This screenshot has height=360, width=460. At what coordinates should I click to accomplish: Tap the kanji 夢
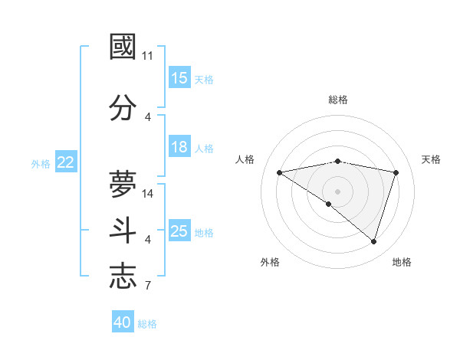coord(123,184)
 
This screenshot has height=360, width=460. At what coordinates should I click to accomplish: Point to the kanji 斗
coord(123,231)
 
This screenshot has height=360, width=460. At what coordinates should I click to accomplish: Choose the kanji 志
coord(123,276)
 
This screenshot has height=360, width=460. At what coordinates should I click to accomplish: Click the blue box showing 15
coord(179,78)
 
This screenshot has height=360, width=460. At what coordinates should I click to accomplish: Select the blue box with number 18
coord(179,148)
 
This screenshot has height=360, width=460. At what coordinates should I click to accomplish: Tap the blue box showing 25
coord(179,232)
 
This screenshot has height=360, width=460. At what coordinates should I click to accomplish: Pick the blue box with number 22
coord(66,162)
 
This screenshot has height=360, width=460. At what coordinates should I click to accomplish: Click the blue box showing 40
coord(123,322)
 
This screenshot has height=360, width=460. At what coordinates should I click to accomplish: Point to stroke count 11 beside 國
coord(148,56)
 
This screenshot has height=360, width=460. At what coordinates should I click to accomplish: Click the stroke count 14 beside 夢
coord(149,194)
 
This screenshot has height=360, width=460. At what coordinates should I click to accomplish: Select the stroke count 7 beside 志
coord(148,286)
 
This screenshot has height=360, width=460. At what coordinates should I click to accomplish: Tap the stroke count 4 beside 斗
coord(148,240)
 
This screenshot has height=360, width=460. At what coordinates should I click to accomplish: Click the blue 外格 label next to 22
coord(41,163)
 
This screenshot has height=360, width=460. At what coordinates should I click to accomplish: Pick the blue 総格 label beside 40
coord(147,324)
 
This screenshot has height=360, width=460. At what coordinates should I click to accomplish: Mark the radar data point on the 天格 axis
coord(396,172)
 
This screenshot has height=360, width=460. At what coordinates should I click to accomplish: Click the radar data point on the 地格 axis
coord(373,241)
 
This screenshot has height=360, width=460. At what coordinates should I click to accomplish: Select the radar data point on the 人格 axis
coord(279,172)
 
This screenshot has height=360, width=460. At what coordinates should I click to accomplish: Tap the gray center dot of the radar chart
coord(337,191)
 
